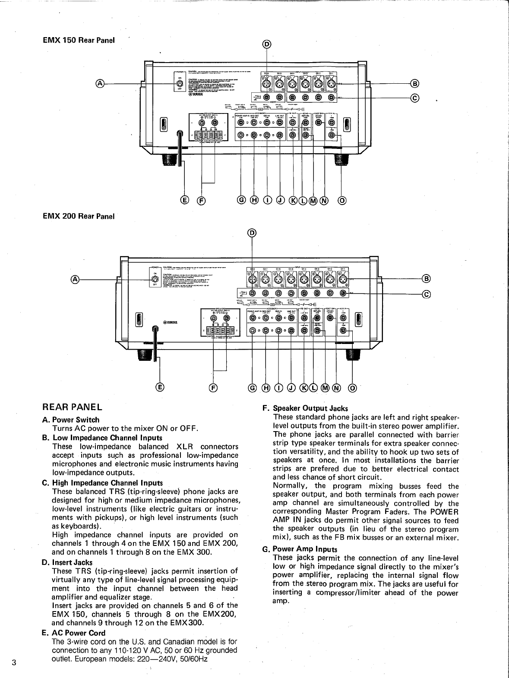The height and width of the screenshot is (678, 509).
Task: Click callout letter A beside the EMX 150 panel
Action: (x=100, y=83)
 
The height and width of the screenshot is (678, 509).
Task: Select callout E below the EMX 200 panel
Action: (x=160, y=387)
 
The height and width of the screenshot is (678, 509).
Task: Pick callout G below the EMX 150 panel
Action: (x=241, y=200)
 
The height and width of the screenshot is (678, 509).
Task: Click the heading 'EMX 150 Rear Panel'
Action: (x=79, y=41)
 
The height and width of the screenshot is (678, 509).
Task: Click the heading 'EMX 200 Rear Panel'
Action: (x=79, y=216)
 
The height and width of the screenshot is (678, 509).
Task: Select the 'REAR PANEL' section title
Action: (x=72, y=407)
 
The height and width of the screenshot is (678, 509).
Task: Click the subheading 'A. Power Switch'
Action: (x=71, y=419)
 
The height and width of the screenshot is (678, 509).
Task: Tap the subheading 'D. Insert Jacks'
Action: (x=67, y=562)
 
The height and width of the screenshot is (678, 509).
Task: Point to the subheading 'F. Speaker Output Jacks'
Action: (x=305, y=408)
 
